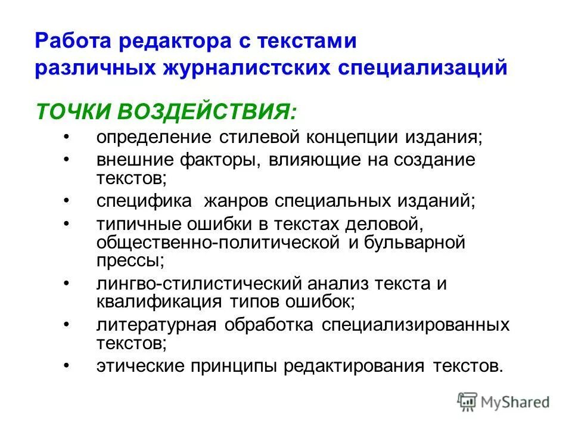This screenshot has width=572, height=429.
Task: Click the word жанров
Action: click(236, 201)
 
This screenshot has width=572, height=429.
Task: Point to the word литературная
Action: click(157, 325)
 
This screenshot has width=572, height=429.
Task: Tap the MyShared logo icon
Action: click(468, 402)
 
